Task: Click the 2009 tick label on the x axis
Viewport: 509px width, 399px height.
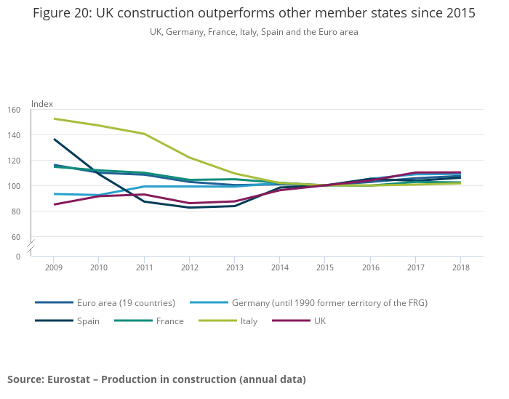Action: [x=54, y=267]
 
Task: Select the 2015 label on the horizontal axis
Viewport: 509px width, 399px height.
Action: [x=325, y=267]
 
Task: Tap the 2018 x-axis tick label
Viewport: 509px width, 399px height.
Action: [x=460, y=267]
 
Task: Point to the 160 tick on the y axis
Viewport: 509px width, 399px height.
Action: [x=15, y=110]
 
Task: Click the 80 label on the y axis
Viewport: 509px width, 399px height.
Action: [x=16, y=211]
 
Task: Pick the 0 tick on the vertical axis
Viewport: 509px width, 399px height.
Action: [x=18, y=257]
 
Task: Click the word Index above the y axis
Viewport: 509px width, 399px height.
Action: [x=42, y=104]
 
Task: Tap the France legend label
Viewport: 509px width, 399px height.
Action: [x=169, y=321]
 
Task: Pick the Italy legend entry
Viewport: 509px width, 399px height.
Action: [x=249, y=321]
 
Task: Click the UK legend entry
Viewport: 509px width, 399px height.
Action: [x=320, y=321]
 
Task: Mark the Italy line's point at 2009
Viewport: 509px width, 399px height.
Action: [x=54, y=118]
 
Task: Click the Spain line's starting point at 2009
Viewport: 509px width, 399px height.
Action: [x=54, y=139]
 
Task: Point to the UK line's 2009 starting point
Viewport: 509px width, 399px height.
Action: [x=54, y=204]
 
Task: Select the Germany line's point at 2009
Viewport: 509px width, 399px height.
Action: [x=54, y=194]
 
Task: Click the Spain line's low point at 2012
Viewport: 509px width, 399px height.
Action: [x=189, y=208]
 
